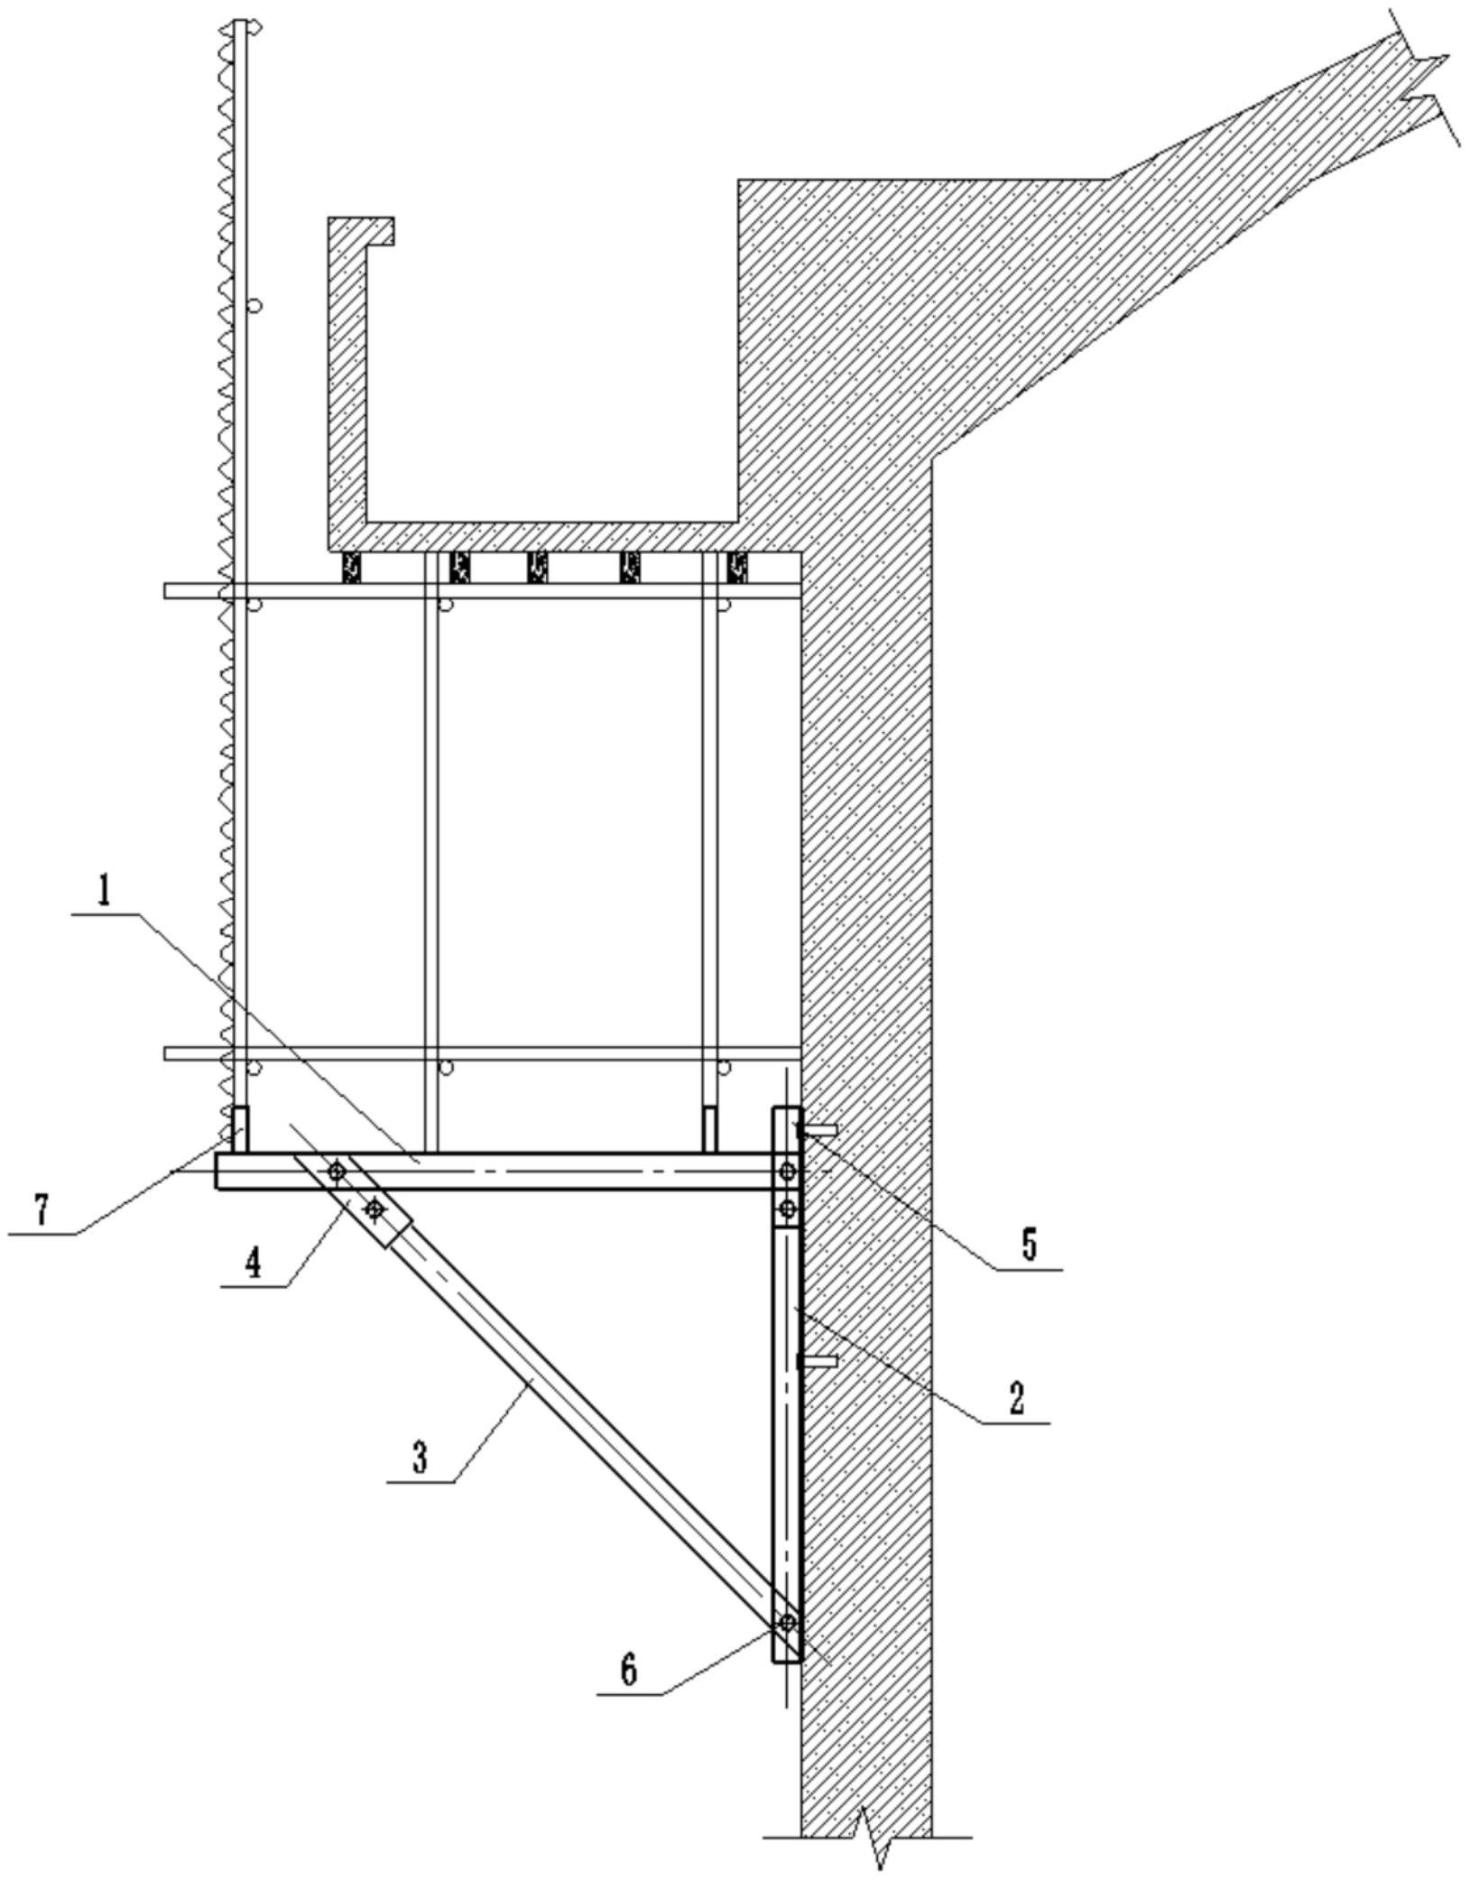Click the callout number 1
point(106,894)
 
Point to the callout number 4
point(254,1263)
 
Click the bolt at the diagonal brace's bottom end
point(787,1623)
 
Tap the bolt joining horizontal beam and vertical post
point(787,1172)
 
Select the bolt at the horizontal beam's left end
point(336,1172)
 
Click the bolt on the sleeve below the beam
point(374,1208)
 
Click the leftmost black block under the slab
point(351,567)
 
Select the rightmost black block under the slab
point(737,567)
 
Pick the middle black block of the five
point(538,567)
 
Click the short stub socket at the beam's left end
point(240,1129)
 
